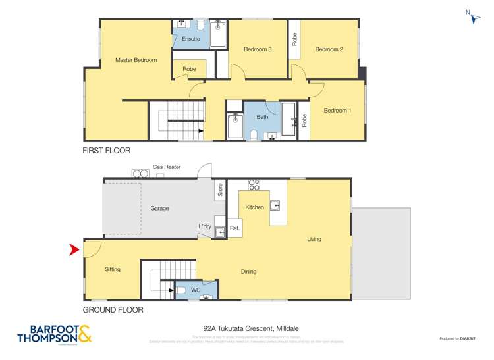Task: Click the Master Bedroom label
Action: pos(136,60)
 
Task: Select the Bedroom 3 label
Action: pos(258,49)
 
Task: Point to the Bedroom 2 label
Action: pos(329,49)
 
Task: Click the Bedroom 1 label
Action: pos(337,111)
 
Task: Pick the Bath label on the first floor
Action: pos(262,116)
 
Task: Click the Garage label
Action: pos(159,208)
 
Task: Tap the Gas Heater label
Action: pos(167,167)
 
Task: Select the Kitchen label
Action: pos(255,207)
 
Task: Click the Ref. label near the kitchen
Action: pos(235,229)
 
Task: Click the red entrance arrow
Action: pos(74,249)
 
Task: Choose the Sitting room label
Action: pos(113,269)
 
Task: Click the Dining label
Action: pos(248,271)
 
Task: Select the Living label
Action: pos(314,239)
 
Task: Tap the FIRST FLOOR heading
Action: pos(106,151)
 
